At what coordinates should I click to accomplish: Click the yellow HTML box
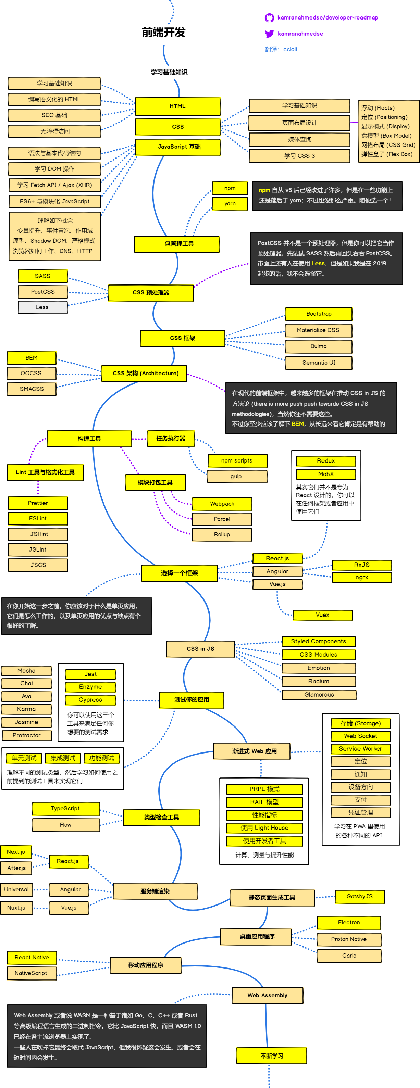click(177, 106)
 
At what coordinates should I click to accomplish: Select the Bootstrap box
click(319, 314)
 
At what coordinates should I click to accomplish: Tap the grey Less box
click(42, 307)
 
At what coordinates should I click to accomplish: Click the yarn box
click(230, 204)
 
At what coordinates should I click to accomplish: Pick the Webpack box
click(222, 504)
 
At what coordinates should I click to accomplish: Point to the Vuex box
click(322, 615)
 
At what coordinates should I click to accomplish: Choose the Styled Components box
click(318, 641)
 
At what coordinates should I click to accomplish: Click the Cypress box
click(90, 700)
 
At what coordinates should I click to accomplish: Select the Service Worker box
click(360, 748)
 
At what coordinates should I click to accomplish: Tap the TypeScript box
click(65, 808)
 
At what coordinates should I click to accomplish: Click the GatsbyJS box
click(360, 896)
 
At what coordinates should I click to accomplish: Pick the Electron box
click(349, 922)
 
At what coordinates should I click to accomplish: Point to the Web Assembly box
click(267, 995)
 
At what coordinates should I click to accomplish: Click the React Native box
click(32, 957)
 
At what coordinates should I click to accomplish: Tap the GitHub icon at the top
click(269, 18)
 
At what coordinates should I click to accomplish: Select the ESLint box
click(38, 518)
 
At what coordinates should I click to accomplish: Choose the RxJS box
click(362, 565)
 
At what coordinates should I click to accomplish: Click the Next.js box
click(16, 852)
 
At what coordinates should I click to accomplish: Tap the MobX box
click(326, 474)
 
